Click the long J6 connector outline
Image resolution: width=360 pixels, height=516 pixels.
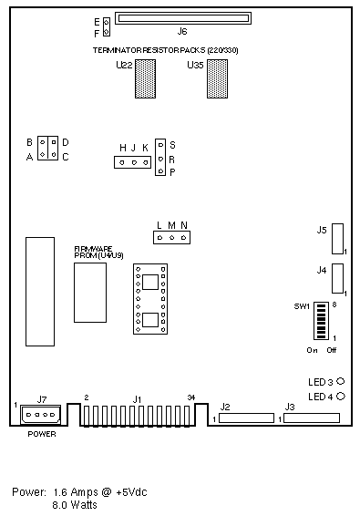tap(183, 13)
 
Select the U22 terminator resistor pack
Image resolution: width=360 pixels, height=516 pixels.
tap(145, 78)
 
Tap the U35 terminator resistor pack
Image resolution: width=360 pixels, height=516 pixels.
tap(217, 78)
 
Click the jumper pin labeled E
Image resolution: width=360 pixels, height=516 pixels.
tap(107, 23)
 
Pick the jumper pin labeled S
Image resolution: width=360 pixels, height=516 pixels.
tap(160, 144)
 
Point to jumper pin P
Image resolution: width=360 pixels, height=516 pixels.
tap(160, 171)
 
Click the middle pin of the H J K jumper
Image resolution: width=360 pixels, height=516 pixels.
tap(134, 162)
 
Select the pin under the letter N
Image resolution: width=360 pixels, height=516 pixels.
tap(184, 238)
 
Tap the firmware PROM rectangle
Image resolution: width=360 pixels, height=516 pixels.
tap(90, 293)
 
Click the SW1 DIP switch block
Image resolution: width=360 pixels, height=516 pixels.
tap(321, 321)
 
